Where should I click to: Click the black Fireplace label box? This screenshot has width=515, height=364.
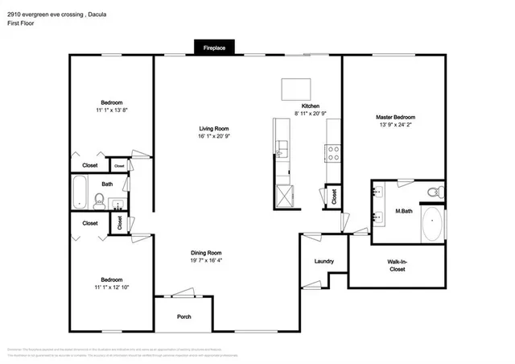[x=213, y=49]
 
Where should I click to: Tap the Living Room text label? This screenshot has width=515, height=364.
[x=215, y=129]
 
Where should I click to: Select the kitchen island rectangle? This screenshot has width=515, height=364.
[x=295, y=88]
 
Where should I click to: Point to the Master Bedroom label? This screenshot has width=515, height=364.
[x=395, y=118]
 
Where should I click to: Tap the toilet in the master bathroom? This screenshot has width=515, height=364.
[x=433, y=192]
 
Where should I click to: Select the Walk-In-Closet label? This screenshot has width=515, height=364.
[x=397, y=266]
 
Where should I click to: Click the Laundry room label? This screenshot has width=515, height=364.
[x=323, y=262]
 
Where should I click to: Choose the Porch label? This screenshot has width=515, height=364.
[x=184, y=316]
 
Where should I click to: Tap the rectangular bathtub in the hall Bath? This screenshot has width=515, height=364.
[x=80, y=193]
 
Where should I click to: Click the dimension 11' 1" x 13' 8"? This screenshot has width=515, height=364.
[x=111, y=110]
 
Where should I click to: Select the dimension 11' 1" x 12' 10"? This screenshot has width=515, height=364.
[x=111, y=287]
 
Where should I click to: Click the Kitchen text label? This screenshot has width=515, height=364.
[x=311, y=106]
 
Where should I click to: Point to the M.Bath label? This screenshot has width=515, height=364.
[x=403, y=212]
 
